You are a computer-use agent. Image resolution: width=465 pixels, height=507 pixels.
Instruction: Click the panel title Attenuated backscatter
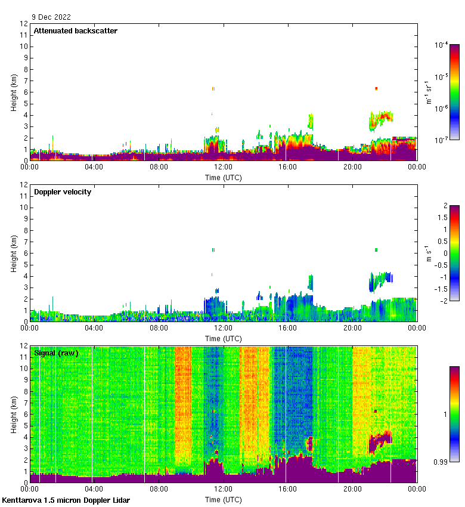[75, 31]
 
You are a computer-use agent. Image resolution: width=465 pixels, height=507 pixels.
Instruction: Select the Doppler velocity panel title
[63, 192]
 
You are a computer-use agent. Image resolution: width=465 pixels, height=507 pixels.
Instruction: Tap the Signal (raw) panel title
[56, 353]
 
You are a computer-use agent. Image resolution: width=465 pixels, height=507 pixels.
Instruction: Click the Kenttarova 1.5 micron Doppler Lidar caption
[66, 500]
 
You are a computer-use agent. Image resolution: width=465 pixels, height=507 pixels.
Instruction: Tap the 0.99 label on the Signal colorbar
[442, 462]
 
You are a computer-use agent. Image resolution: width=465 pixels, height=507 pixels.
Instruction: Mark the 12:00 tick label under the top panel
[223, 167]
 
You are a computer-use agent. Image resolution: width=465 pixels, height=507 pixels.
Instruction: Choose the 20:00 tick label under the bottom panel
[352, 489]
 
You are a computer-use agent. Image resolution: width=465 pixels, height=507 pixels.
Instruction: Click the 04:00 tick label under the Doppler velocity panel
[94, 328]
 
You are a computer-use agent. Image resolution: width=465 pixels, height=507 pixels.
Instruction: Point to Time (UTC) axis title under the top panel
[224, 177]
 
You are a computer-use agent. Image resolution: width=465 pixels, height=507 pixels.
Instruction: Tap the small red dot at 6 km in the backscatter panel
[376, 88]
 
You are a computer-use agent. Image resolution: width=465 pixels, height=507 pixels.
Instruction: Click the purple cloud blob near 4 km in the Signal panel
[380, 441]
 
